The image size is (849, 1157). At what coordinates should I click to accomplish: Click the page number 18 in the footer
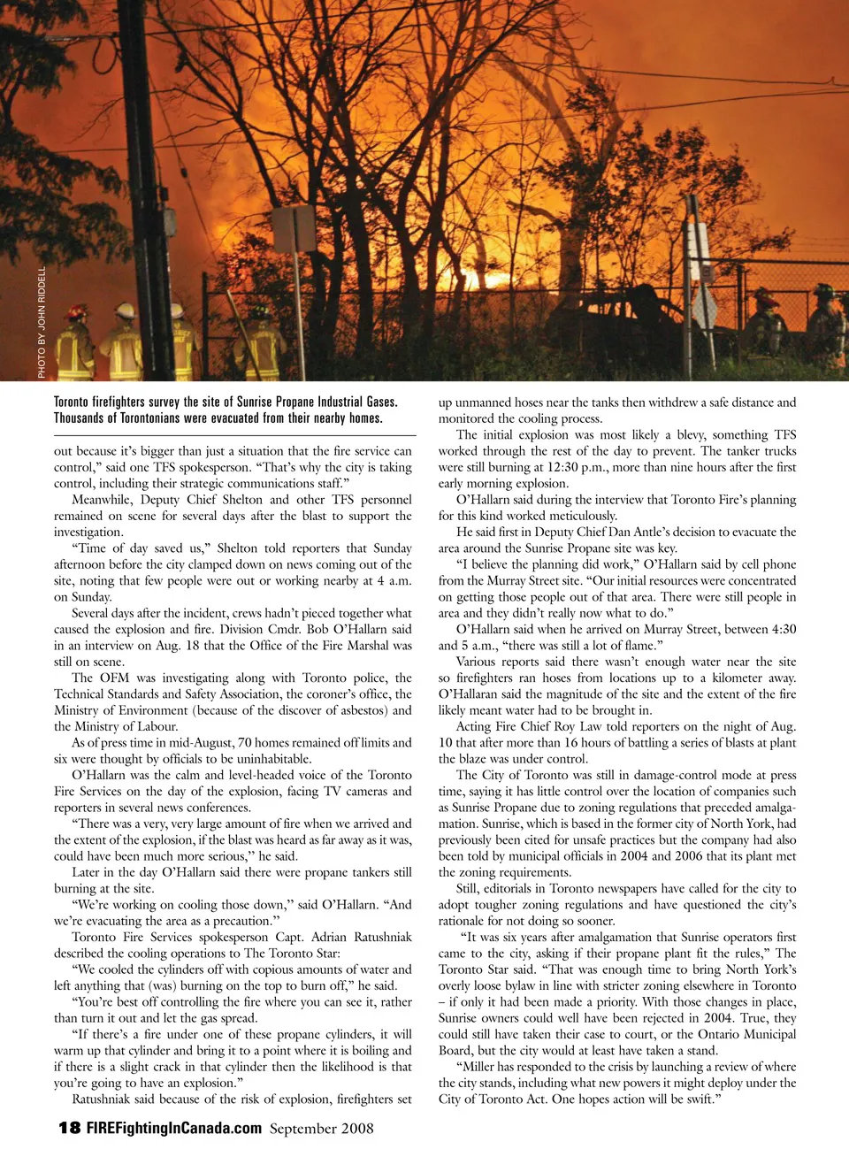[69, 1127]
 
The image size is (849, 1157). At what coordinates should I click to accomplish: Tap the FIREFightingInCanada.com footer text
[173, 1128]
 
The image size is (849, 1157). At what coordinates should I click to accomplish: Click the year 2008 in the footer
[356, 1128]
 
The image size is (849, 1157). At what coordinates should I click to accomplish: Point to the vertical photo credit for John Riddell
[42, 322]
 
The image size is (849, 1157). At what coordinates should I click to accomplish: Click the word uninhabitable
[269, 759]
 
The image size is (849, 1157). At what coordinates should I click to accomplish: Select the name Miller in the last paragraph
[476, 1067]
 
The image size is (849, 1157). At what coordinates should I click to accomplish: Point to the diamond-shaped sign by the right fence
[706, 306]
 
